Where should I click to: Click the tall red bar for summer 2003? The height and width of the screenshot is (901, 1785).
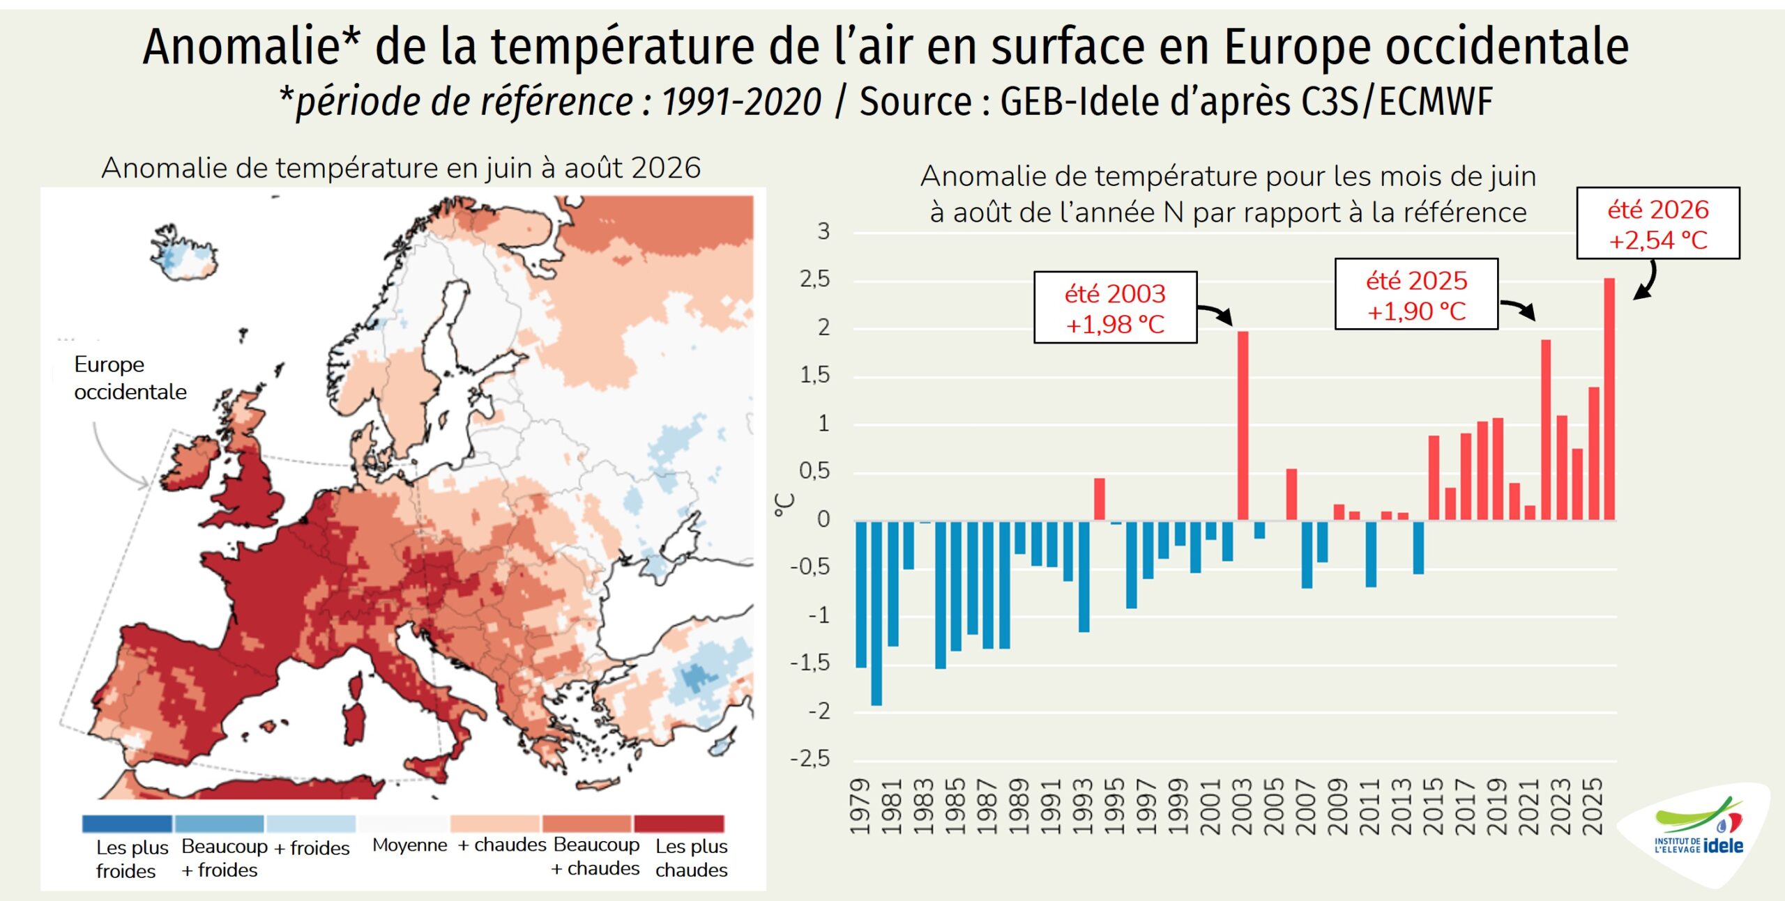click(1243, 425)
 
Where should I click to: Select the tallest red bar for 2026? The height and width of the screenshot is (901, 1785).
click(1609, 399)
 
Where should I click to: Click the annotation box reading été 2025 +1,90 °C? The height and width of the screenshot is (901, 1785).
click(1416, 294)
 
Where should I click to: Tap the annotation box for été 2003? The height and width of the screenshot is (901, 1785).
click(1115, 307)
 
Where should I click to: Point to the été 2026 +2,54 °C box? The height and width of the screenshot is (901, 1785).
click(1658, 223)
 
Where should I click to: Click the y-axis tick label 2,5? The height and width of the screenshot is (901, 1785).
click(815, 279)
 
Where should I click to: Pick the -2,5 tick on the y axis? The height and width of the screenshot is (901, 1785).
click(810, 758)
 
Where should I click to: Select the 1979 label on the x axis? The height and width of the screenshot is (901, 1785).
click(861, 806)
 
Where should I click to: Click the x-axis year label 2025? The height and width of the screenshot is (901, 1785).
click(1593, 806)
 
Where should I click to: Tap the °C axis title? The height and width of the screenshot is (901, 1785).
click(784, 505)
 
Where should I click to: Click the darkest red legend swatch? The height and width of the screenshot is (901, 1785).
click(679, 824)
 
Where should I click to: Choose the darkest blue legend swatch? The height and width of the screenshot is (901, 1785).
click(127, 824)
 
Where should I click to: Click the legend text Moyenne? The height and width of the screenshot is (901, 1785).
click(410, 845)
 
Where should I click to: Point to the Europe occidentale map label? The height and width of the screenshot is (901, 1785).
click(130, 378)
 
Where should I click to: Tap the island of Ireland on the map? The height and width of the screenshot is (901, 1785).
click(190, 463)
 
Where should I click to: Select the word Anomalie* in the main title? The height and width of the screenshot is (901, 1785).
click(252, 47)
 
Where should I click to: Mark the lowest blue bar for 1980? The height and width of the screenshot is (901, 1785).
click(876, 613)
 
